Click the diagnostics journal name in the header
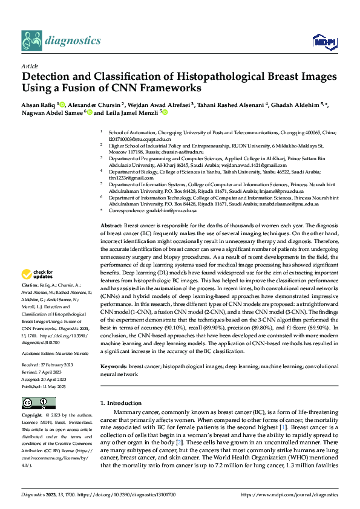click(x=74, y=41)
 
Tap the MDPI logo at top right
click(x=324, y=41)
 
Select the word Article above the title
click(x=30, y=66)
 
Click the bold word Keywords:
click(x=113, y=366)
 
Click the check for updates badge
click(x=38, y=273)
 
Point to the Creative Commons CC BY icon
click(x=39, y=403)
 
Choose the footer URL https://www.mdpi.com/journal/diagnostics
click(x=290, y=494)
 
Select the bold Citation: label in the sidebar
click(x=30, y=284)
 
